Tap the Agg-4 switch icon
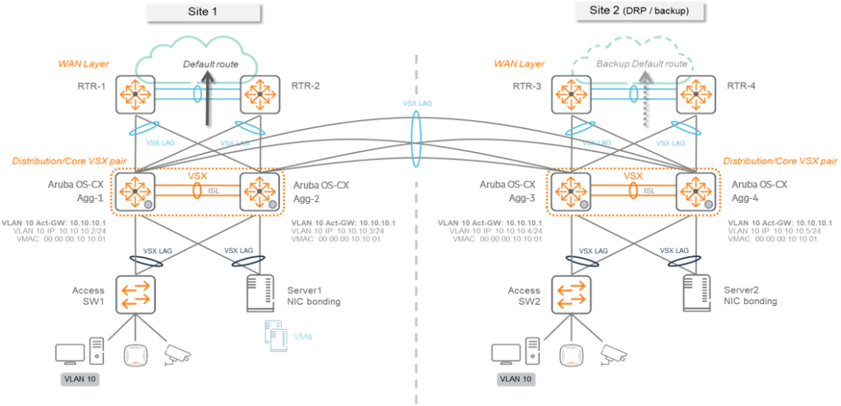tap(695, 191)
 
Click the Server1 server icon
tap(260, 293)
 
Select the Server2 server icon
tap(695, 293)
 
